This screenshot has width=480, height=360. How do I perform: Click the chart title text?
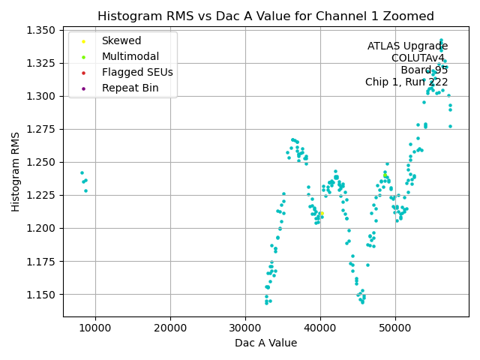[x=265, y=16]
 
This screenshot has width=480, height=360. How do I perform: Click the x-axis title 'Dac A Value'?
[x=265, y=343]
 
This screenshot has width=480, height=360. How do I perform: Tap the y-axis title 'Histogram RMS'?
[x=15, y=171]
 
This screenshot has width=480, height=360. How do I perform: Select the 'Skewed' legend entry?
[x=121, y=40]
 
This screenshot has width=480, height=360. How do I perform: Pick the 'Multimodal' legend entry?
[x=130, y=56]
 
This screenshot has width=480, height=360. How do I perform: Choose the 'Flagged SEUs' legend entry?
[x=137, y=72]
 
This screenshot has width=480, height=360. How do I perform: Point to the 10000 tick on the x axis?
[x=95, y=327]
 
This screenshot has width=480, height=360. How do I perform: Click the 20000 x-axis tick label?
[x=170, y=327]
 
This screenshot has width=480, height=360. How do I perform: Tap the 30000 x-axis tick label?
[x=245, y=327]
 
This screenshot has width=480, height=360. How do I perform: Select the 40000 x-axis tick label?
[x=320, y=327]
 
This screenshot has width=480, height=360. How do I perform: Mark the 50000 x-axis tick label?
[x=395, y=327]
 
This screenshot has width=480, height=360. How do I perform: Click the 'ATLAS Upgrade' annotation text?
[x=407, y=46]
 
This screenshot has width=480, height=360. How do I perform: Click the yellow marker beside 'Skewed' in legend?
[x=83, y=41]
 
